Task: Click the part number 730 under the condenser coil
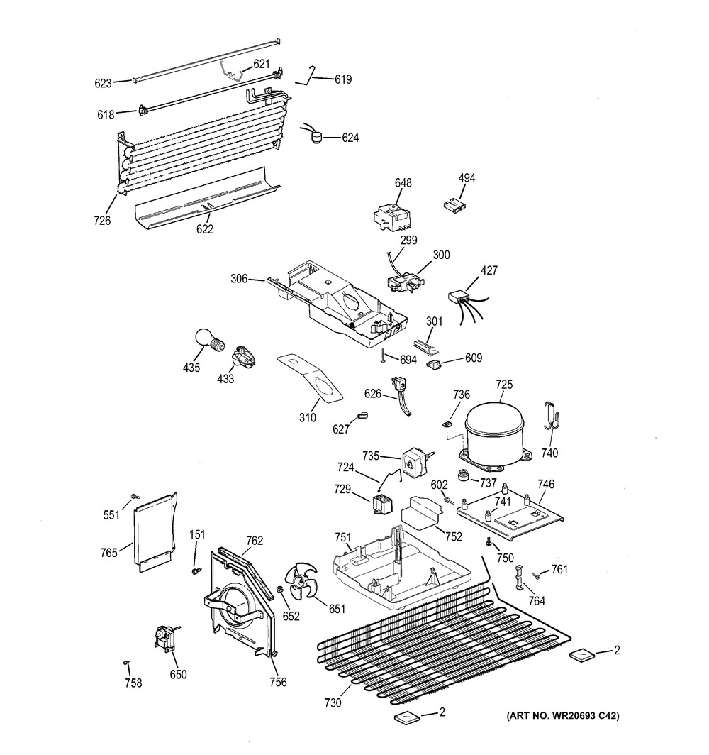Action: pos(333,703)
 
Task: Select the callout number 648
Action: pos(403,183)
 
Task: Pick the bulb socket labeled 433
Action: pos(243,356)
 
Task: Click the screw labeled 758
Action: pos(126,663)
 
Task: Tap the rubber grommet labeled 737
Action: pos(466,474)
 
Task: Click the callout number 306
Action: pos(238,279)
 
